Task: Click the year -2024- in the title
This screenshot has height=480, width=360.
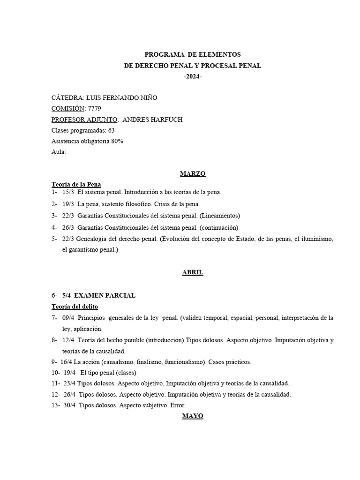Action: (193, 77)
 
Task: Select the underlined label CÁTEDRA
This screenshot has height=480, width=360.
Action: (67, 97)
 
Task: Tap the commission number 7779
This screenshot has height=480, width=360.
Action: (94, 108)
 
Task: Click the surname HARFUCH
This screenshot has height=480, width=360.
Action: (165, 120)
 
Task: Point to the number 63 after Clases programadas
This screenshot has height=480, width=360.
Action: (111, 130)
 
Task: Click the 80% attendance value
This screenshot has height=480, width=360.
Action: (117, 141)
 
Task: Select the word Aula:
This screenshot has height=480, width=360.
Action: (59, 152)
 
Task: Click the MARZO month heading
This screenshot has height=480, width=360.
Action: (193, 173)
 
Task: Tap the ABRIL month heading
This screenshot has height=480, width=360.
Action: (193, 272)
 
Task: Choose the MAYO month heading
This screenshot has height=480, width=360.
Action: (193, 416)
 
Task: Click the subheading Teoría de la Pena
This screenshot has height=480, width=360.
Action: (76, 184)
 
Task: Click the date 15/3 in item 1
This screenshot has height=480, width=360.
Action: (68, 192)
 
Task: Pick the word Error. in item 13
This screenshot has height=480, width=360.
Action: (178, 405)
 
